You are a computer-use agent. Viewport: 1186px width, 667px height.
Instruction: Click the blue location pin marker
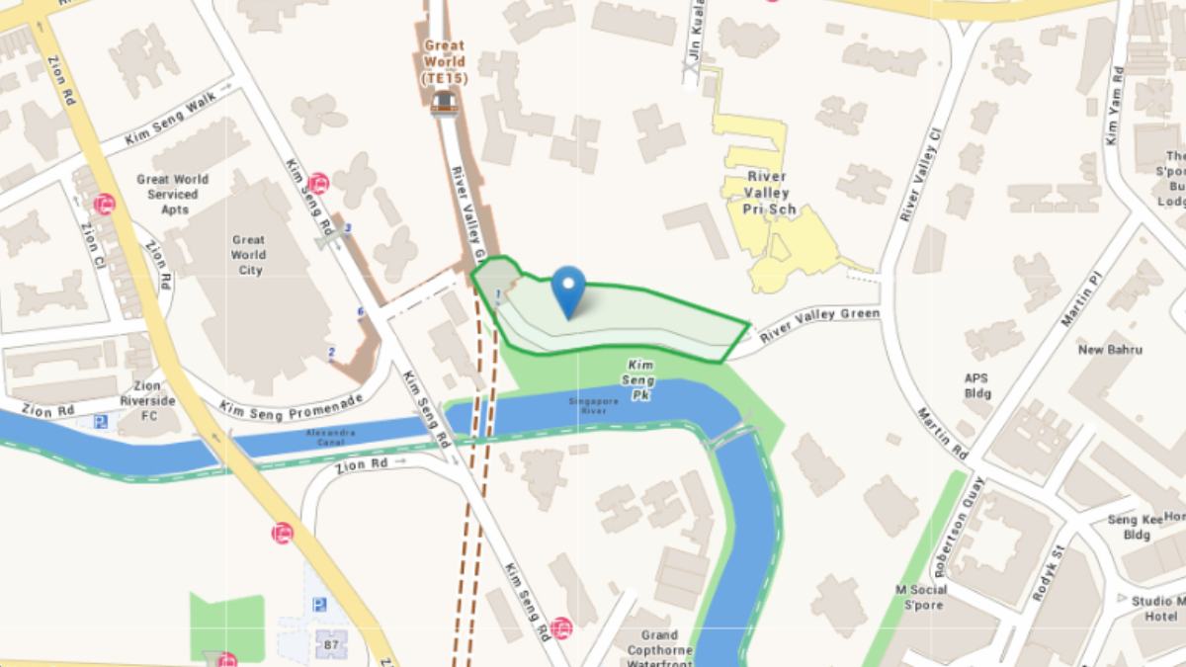pos(568,288)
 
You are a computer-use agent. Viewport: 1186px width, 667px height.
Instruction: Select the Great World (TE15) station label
pos(444,61)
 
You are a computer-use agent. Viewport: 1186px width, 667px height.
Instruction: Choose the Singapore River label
pos(593,406)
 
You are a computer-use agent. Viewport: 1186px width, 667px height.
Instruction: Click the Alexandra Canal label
pos(331,438)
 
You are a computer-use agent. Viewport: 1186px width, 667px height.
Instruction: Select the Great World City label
pos(248,255)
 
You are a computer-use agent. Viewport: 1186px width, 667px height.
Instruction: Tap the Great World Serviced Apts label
pos(173,195)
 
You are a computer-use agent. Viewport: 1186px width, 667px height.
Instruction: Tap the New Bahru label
pos(1110,350)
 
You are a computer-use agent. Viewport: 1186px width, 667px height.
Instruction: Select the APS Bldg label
pos(976,385)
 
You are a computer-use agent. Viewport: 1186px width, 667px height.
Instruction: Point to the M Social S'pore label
pos(921,597)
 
